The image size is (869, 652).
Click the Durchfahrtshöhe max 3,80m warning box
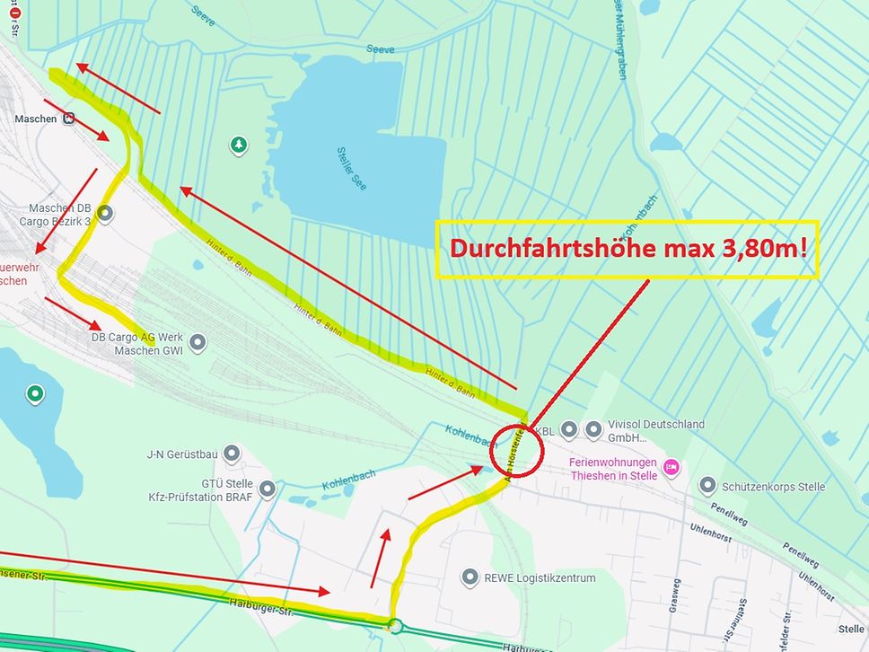point(628,249)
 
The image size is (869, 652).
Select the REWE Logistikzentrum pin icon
point(469,577)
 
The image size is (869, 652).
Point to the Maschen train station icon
point(69,119)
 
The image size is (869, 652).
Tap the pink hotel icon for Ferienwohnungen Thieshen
point(671,466)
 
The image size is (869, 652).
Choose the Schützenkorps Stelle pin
point(707,486)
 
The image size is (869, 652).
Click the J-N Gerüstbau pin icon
point(232,454)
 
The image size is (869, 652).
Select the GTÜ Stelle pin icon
point(267,489)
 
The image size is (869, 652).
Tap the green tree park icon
point(238,144)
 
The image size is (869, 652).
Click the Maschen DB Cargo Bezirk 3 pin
point(105,214)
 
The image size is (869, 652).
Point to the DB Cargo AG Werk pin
point(197,342)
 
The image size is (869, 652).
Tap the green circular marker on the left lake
point(35,392)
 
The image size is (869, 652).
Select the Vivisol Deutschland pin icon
point(593,430)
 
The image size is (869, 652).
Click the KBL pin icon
point(568,430)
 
